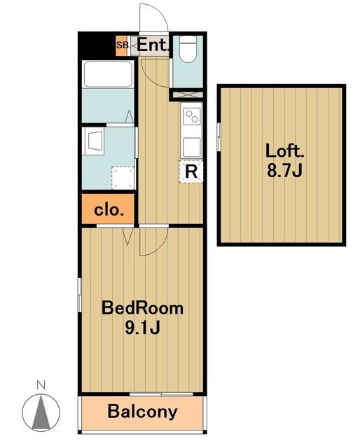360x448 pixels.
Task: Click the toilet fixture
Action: (188, 49)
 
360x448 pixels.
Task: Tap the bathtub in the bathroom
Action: (108, 74)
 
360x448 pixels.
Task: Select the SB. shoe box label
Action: (123, 45)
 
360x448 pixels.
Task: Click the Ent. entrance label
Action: (153, 45)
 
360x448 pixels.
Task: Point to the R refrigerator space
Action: (191, 171)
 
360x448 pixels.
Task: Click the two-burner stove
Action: (192, 117)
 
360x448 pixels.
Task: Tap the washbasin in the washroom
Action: (94, 141)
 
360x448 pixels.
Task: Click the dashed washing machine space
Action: (123, 177)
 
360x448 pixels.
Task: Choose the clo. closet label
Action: (109, 211)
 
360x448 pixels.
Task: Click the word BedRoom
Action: (142, 308)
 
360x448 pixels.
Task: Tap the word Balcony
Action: (142, 412)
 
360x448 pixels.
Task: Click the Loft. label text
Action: (285, 150)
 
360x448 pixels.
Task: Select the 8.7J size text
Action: (284, 171)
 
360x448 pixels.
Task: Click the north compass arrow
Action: (41, 413)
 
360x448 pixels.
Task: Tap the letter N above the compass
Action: (41, 386)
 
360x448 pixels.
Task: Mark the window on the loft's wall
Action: (219, 136)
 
